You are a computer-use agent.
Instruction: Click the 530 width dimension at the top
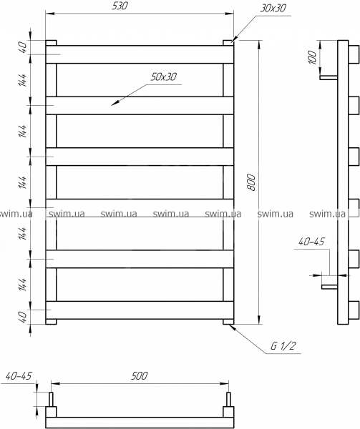point(120,6)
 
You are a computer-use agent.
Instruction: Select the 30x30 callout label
point(273,9)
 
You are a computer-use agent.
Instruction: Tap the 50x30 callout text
point(164,77)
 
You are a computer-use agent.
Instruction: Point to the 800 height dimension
point(251,182)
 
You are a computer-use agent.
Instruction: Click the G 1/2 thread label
point(283,346)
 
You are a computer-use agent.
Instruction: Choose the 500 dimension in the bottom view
point(139,375)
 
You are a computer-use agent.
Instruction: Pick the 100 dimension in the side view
point(312,57)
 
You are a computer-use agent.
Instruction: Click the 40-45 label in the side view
point(311,242)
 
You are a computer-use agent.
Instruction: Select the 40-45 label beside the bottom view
point(19,375)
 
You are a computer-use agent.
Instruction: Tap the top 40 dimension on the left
point(24,47)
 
